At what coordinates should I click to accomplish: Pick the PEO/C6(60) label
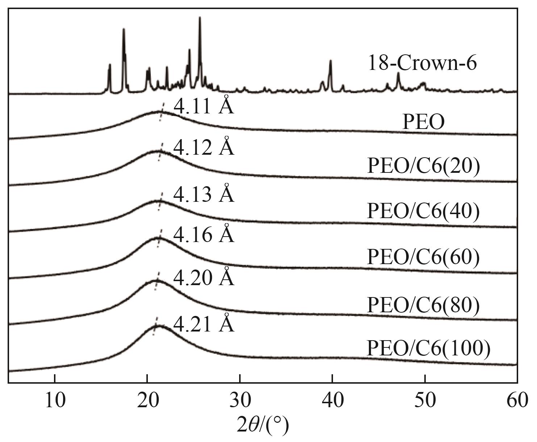pyautogui.click(x=423, y=257)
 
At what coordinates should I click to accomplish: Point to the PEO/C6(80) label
pyautogui.click(x=423, y=305)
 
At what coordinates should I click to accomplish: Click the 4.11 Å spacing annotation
pyautogui.click(x=204, y=106)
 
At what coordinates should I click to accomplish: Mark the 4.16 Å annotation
pyautogui.click(x=204, y=234)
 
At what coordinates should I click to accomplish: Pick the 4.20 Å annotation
pyautogui.click(x=204, y=278)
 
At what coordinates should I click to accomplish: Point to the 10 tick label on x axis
pyautogui.click(x=55, y=401)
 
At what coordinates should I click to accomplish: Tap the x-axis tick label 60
pyautogui.click(x=517, y=401)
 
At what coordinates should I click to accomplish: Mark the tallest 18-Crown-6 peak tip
pyautogui.click(x=200, y=18)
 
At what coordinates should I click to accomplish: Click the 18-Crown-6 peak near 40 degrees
pyautogui.click(x=330, y=61)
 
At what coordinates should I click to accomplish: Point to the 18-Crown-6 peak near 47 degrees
pyautogui.click(x=398, y=74)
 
